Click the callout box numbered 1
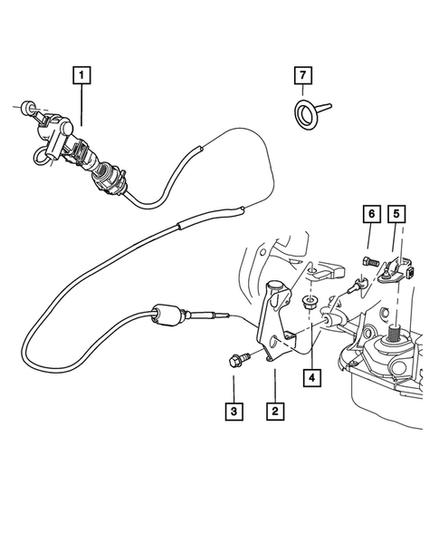[x=82, y=75]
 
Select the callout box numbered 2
[x=272, y=411]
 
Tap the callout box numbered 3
[x=234, y=411]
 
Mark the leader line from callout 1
[x=82, y=104]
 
